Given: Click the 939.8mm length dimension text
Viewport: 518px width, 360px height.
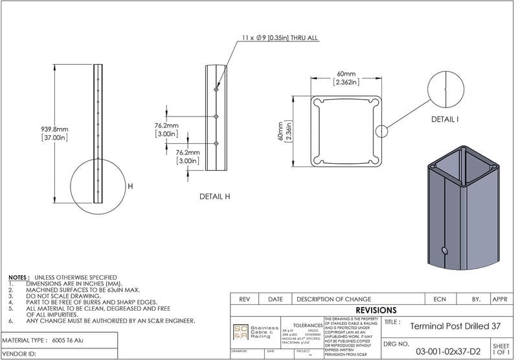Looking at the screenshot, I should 54,133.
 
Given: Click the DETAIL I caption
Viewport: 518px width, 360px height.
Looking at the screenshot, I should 445,119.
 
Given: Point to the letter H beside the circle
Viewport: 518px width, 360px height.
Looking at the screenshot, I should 130,186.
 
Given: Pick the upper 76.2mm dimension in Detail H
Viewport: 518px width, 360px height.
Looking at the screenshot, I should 166,129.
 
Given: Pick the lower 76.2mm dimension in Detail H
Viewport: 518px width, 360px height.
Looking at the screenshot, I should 188,156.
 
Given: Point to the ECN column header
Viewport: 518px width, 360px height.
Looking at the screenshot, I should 438,299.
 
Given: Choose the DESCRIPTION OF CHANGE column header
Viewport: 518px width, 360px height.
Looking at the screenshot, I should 333,299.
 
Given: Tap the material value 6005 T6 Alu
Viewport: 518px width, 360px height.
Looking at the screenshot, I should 67,340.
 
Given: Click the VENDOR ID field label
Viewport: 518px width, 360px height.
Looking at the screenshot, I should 20,354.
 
